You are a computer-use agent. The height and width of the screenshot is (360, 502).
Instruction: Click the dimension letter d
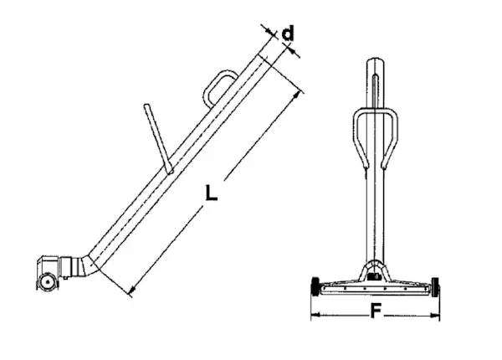pos(288,33)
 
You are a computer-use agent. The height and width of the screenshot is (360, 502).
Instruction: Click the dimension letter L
pos(211,193)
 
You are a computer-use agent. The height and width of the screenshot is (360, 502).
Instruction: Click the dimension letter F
pos(376,311)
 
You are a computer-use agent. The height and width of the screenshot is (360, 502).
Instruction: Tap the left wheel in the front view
pos(315,286)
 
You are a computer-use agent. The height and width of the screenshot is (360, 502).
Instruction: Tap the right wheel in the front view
pos(435,286)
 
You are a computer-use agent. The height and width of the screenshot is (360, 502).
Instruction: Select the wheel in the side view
pos(48,282)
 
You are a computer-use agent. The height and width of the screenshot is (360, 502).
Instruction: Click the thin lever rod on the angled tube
pos(158,139)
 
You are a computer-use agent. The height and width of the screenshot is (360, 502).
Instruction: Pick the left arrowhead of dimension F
pos(315,315)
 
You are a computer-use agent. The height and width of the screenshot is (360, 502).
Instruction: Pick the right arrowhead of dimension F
pos(435,316)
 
